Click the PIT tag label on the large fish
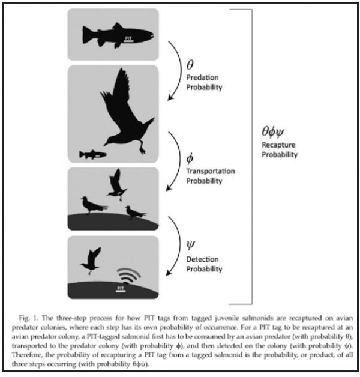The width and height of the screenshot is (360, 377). point(128,39)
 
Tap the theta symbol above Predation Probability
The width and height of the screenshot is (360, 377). point(190,64)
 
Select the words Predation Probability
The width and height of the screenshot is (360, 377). point(204,82)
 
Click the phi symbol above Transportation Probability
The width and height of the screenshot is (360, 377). point(190,158)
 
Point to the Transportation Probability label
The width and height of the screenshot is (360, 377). point(211,176)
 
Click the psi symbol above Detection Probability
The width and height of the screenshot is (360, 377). point(191,246)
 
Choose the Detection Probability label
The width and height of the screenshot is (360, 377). point(204,264)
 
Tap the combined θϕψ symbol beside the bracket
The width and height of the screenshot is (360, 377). point(273,131)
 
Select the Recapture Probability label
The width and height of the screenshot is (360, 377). point(280,149)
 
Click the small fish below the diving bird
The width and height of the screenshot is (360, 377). point(93,154)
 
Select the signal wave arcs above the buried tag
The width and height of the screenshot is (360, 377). point(128,276)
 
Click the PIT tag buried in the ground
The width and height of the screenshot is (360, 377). point(121,289)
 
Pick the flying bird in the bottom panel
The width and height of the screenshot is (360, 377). point(91,261)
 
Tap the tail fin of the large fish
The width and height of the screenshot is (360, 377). point(86,35)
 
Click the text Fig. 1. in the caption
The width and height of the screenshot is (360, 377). point(29,318)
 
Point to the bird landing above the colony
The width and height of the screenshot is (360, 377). point(116,185)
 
